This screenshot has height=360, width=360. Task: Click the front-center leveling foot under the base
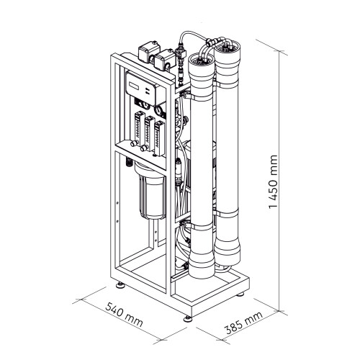click(189, 315)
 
